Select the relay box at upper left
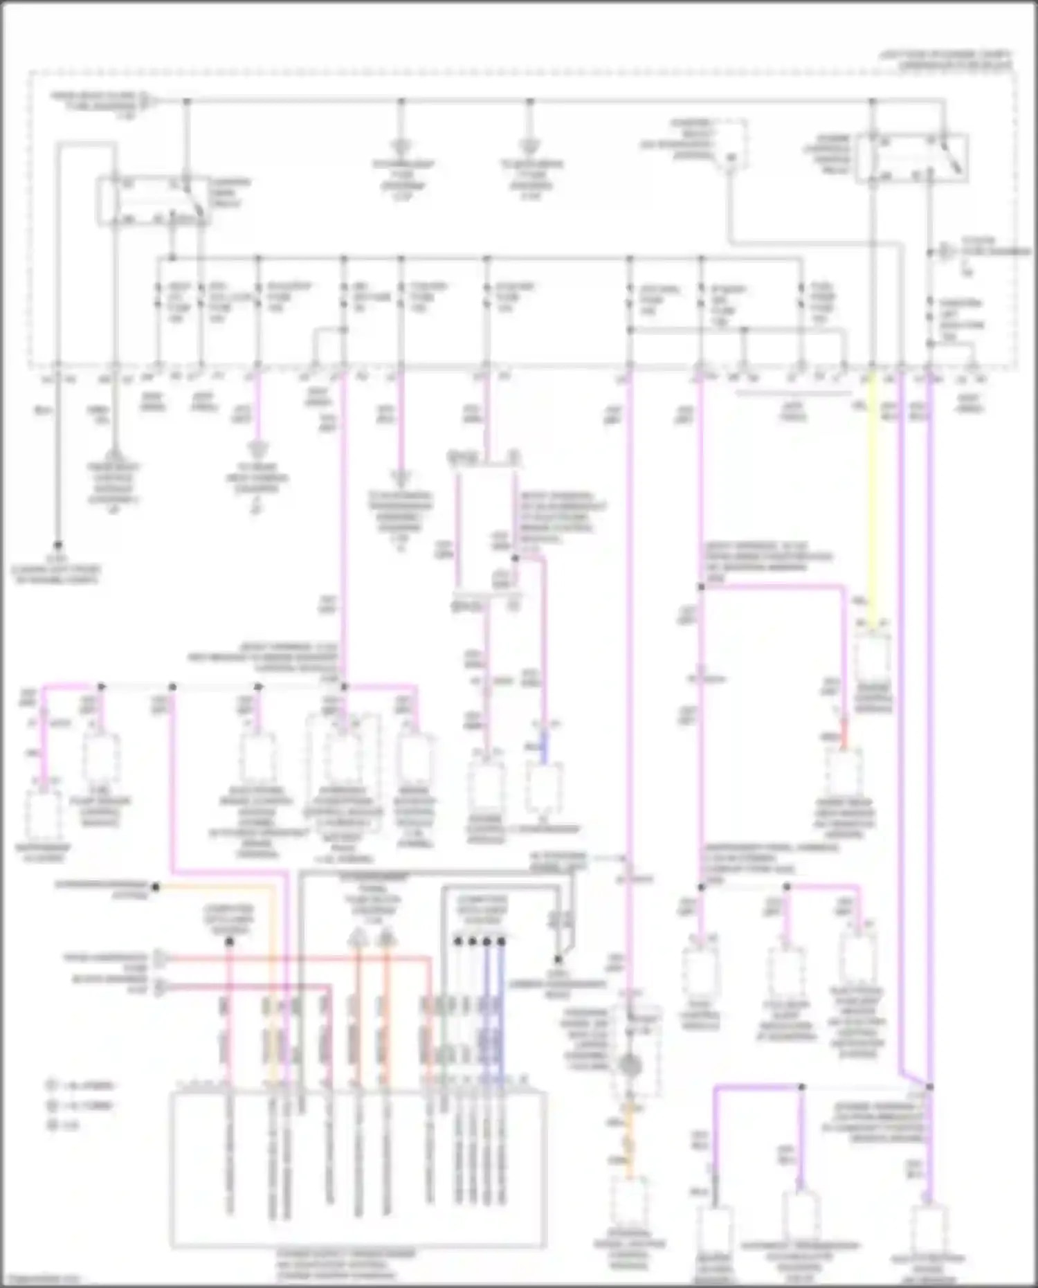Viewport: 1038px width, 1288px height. tap(152, 201)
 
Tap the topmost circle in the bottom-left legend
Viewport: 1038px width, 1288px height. tap(53, 1085)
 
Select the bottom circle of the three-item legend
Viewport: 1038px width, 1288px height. tap(53, 1125)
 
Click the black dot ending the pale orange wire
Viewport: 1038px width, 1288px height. tap(156, 887)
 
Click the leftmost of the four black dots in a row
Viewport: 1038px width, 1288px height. tap(457, 941)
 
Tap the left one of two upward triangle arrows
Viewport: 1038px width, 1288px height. tap(357, 938)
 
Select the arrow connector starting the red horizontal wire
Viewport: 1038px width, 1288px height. tap(159, 959)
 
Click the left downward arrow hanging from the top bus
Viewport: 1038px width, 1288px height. tap(400, 147)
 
